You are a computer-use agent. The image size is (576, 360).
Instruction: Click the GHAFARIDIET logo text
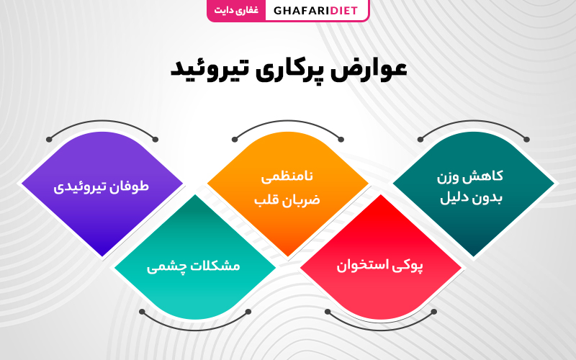tap(315, 10)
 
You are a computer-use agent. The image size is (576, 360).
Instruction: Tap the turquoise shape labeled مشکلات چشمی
tap(195, 257)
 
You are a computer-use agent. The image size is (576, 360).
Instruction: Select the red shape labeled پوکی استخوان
tap(381, 257)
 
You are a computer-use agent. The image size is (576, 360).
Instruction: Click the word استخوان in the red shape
tap(360, 265)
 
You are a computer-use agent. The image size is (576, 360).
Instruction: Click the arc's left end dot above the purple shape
tap(49, 139)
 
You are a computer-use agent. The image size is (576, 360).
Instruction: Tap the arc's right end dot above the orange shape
tap(341, 139)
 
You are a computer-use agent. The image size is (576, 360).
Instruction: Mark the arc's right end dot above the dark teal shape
tap(527, 139)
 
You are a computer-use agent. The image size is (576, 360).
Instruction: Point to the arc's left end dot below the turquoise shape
tap(142, 312)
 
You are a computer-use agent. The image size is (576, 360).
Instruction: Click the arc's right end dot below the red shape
tap(434, 312)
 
